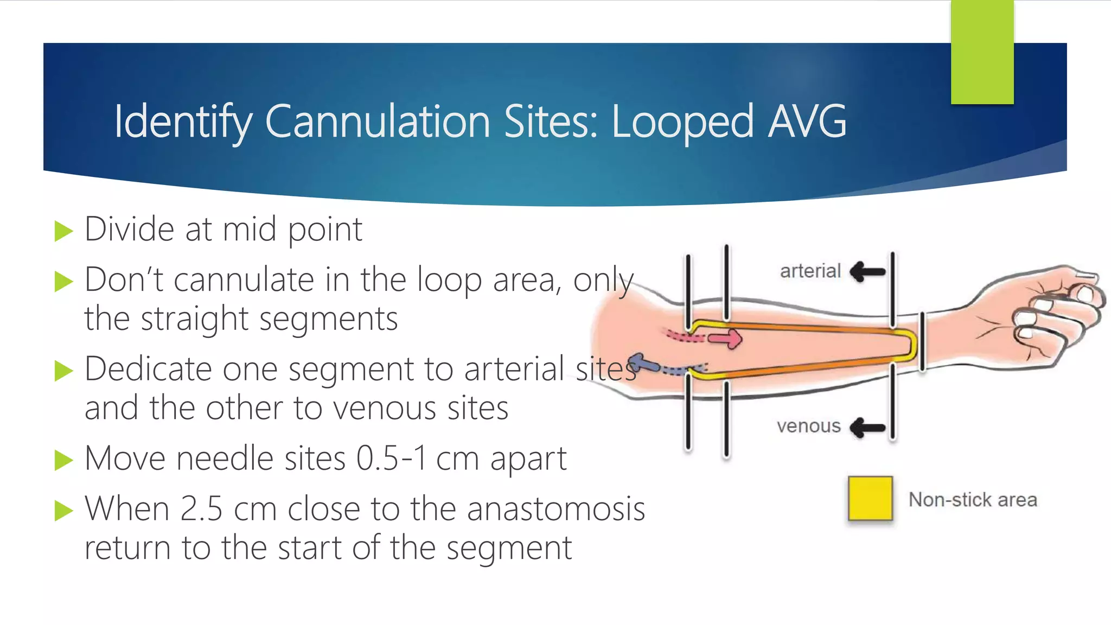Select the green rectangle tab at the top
pos(982,52)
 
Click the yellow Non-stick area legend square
pos(870,498)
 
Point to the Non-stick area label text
pos(973,500)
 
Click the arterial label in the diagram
pos(810,271)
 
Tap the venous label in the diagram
pos(808,426)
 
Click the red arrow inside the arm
pos(726,339)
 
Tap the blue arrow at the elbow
pos(640,363)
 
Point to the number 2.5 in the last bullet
pos(201,509)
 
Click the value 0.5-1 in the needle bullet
pos(391,458)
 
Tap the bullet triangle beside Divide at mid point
pos(63,231)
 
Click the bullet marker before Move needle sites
pos(63,461)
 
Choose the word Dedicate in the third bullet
pos(148,369)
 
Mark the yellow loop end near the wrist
pos(912,345)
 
